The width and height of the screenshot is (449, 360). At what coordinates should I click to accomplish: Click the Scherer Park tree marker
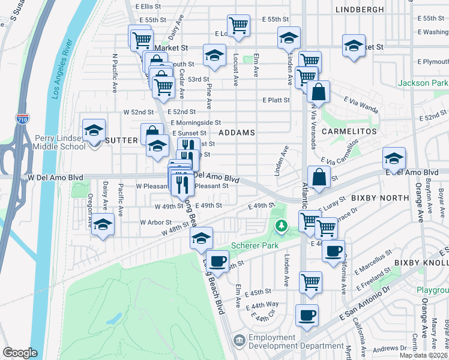(x=280, y=226)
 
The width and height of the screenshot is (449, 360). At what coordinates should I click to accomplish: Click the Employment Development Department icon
(x=240, y=341)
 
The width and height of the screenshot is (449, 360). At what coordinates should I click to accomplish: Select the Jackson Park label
(x=423, y=83)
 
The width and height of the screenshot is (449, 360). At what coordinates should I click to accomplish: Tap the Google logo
(x=20, y=353)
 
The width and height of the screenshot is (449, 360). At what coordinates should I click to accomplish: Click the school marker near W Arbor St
(x=103, y=224)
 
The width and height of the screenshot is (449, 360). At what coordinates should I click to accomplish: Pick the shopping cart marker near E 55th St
(x=239, y=26)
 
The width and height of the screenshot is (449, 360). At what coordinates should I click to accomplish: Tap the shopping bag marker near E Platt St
(x=319, y=92)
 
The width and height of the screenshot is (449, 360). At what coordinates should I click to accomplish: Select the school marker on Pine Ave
(x=213, y=56)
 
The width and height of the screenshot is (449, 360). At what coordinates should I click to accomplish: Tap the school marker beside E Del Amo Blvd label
(x=394, y=158)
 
